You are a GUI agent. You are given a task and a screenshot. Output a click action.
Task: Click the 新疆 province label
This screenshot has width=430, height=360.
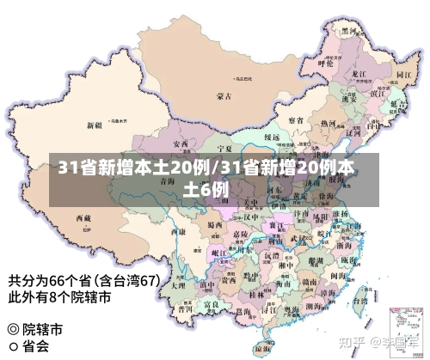click(x=94, y=125)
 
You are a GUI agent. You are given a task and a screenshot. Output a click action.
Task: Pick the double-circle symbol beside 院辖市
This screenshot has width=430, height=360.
click(x=12, y=329)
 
